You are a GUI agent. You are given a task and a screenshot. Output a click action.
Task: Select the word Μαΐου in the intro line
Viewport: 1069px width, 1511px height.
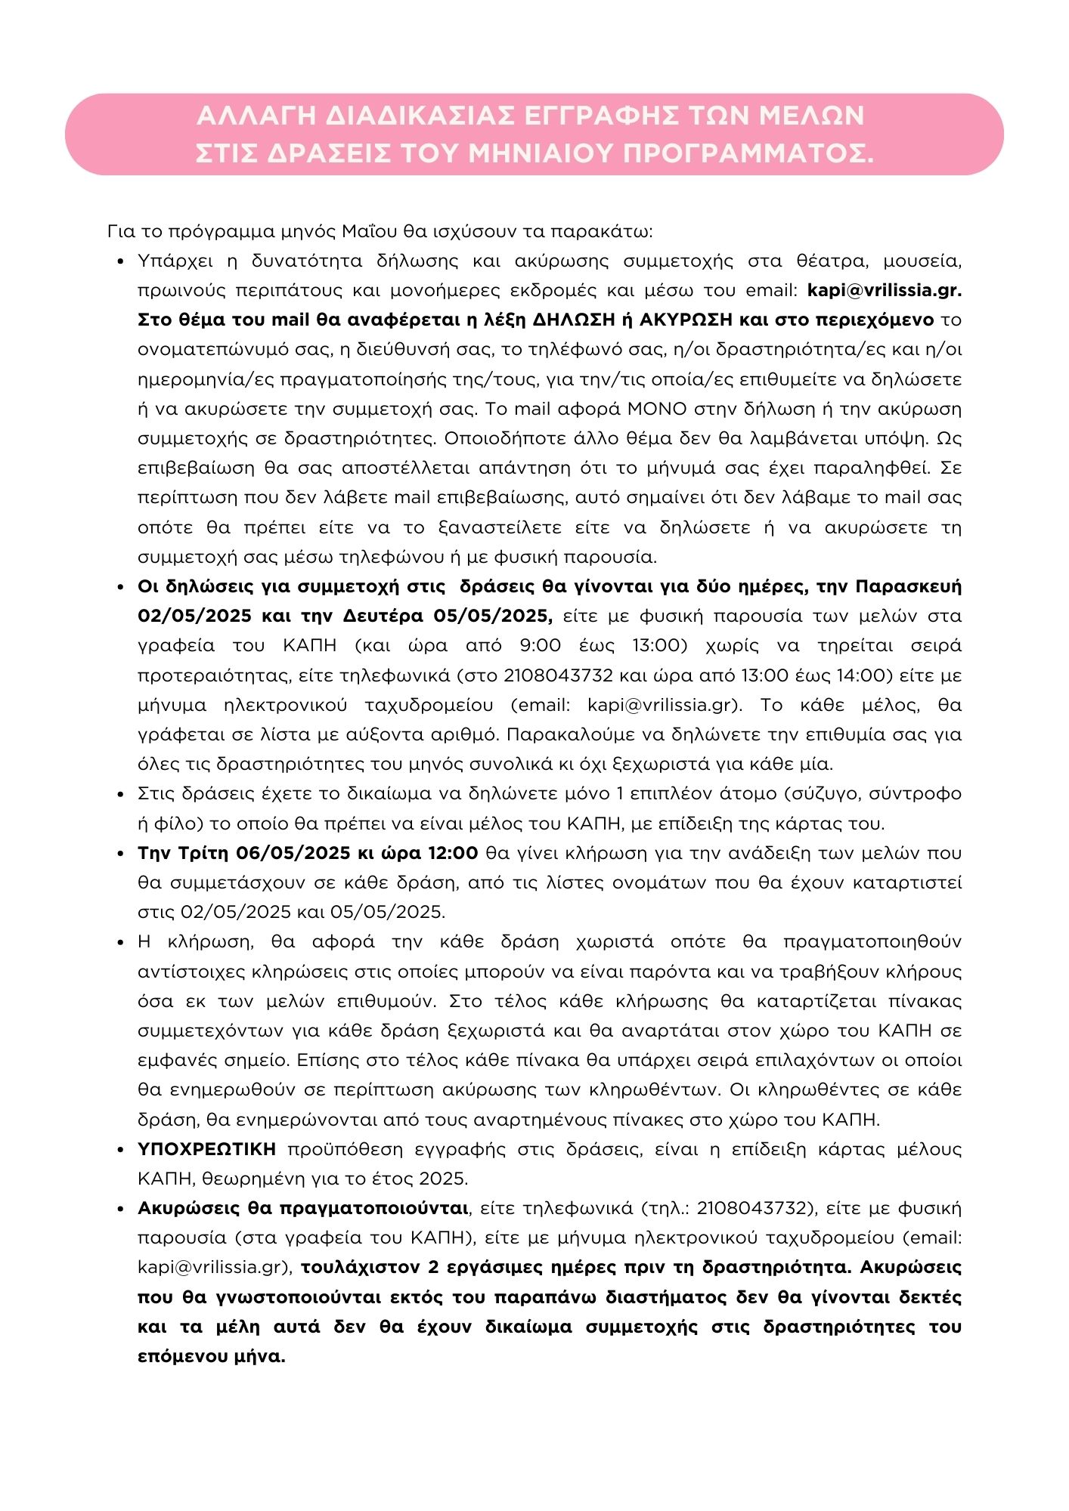tap(367, 230)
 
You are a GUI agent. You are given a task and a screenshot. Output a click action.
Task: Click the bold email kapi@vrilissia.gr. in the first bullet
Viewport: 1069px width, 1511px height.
tap(885, 290)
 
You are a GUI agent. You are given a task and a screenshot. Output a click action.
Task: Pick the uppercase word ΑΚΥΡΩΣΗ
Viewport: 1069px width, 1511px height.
tap(686, 320)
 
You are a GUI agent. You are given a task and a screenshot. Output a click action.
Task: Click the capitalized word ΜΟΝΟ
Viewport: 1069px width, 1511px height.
tap(657, 409)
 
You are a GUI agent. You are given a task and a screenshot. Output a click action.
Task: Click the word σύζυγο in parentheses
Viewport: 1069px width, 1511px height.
tap(824, 793)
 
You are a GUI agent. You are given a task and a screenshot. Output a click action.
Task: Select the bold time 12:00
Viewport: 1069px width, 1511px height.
tap(452, 853)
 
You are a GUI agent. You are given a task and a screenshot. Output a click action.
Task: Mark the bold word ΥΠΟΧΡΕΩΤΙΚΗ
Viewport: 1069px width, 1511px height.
tap(206, 1149)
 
